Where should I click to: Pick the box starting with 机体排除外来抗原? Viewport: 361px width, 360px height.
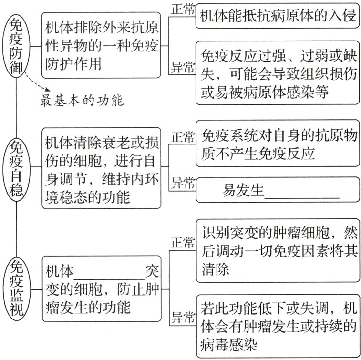[101, 45]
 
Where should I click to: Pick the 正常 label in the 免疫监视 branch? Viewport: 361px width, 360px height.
[183, 242]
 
